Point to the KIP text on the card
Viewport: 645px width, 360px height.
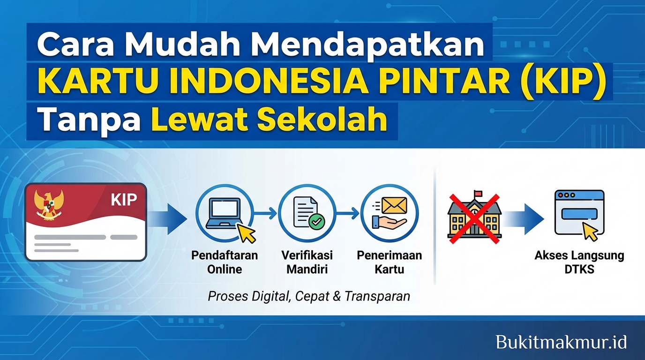point(124,200)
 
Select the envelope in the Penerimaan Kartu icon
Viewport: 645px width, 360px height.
point(393,205)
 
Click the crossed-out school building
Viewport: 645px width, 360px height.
point(474,218)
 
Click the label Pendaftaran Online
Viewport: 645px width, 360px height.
point(225,262)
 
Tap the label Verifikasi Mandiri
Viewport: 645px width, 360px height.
point(307,262)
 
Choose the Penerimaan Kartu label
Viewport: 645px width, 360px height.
point(389,262)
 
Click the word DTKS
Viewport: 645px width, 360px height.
point(579,269)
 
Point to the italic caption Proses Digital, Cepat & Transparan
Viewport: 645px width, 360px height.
point(309,296)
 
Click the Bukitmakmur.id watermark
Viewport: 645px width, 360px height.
point(561,342)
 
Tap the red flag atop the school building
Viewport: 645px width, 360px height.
point(478,193)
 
